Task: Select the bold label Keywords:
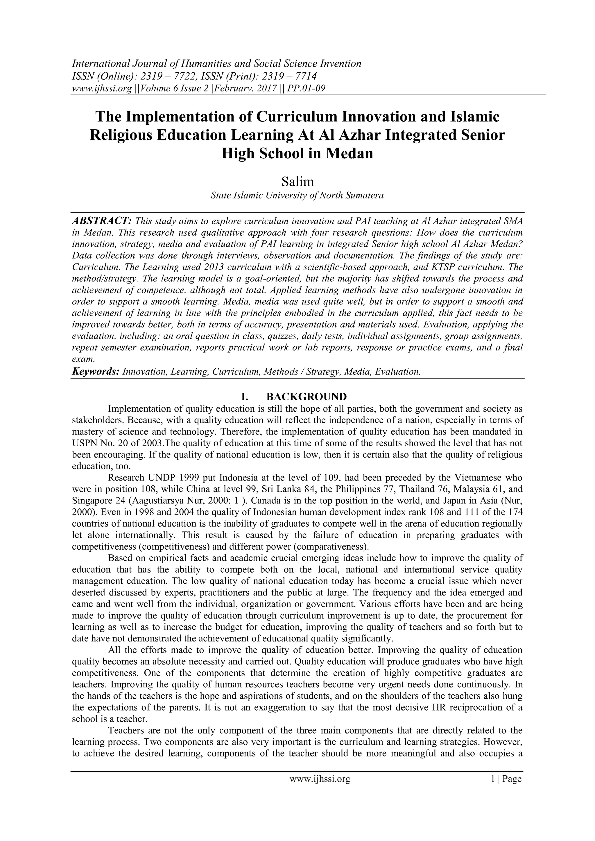tap(96, 372)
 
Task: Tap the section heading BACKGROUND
tap(306, 397)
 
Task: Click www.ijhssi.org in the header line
tap(101, 88)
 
